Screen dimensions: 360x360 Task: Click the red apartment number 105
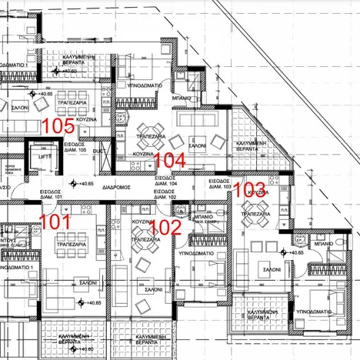(x=58, y=125)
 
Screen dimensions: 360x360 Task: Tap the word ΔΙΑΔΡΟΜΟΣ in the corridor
(x=119, y=187)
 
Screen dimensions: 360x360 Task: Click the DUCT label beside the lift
(x=98, y=152)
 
